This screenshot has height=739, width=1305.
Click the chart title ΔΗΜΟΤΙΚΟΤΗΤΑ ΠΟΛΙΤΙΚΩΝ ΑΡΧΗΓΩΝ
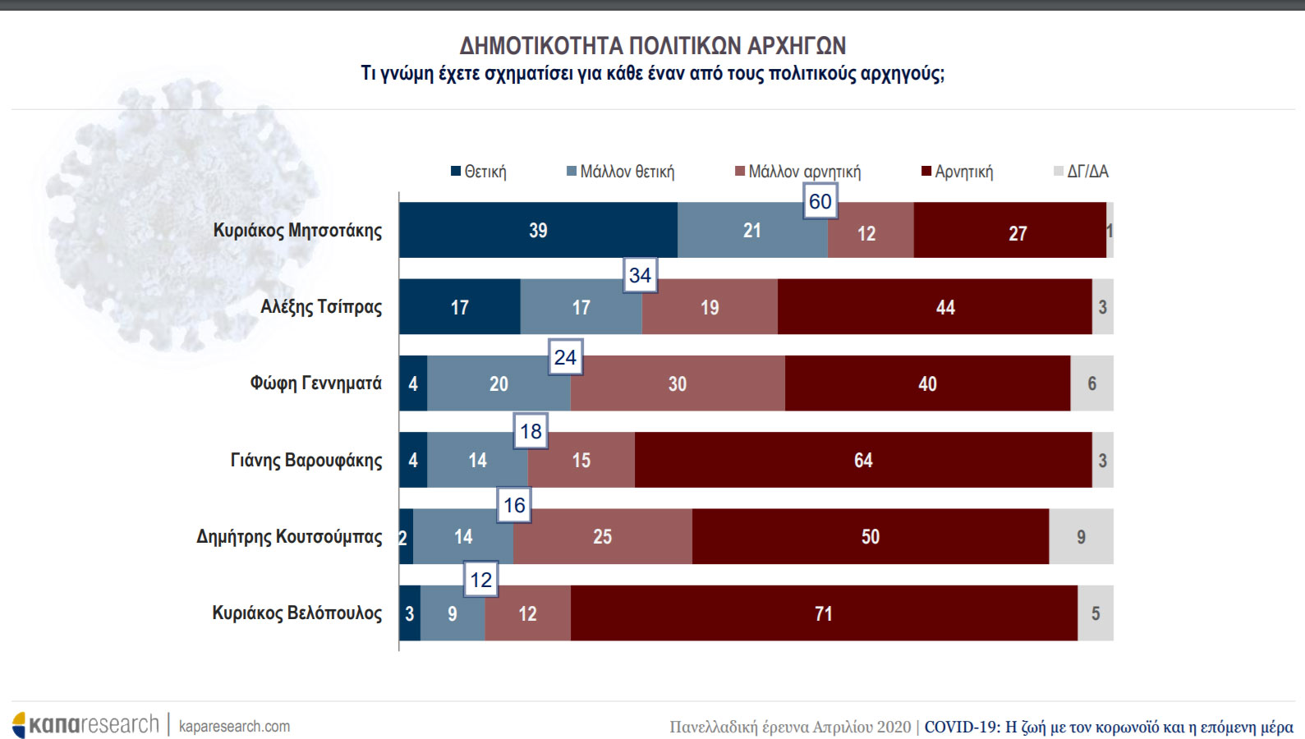[652, 45]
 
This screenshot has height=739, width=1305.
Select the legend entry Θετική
[479, 172]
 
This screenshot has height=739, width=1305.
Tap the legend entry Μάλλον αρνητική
[797, 172]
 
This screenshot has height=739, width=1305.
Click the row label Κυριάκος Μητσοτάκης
[297, 231]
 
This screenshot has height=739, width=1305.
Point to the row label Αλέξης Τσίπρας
[321, 307]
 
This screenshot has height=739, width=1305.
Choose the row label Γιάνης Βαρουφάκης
[306, 461]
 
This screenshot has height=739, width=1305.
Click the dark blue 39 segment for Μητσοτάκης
[538, 231]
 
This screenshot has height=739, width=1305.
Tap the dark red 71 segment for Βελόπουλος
[824, 613]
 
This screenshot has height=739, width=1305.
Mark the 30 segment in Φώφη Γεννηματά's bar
[678, 383]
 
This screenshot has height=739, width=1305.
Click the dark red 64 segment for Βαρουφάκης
[863, 461]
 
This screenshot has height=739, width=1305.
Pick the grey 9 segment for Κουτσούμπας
[1081, 537]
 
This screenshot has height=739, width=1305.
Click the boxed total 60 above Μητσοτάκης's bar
[820, 202]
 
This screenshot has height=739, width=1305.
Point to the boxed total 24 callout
[565, 357]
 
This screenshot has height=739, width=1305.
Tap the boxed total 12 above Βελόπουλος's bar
[480, 580]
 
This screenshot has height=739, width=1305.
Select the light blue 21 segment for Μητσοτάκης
[752, 231]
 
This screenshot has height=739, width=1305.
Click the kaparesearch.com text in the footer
[234, 727]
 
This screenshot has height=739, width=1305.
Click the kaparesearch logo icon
[20, 725]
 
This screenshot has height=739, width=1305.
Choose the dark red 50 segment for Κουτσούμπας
[871, 537]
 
